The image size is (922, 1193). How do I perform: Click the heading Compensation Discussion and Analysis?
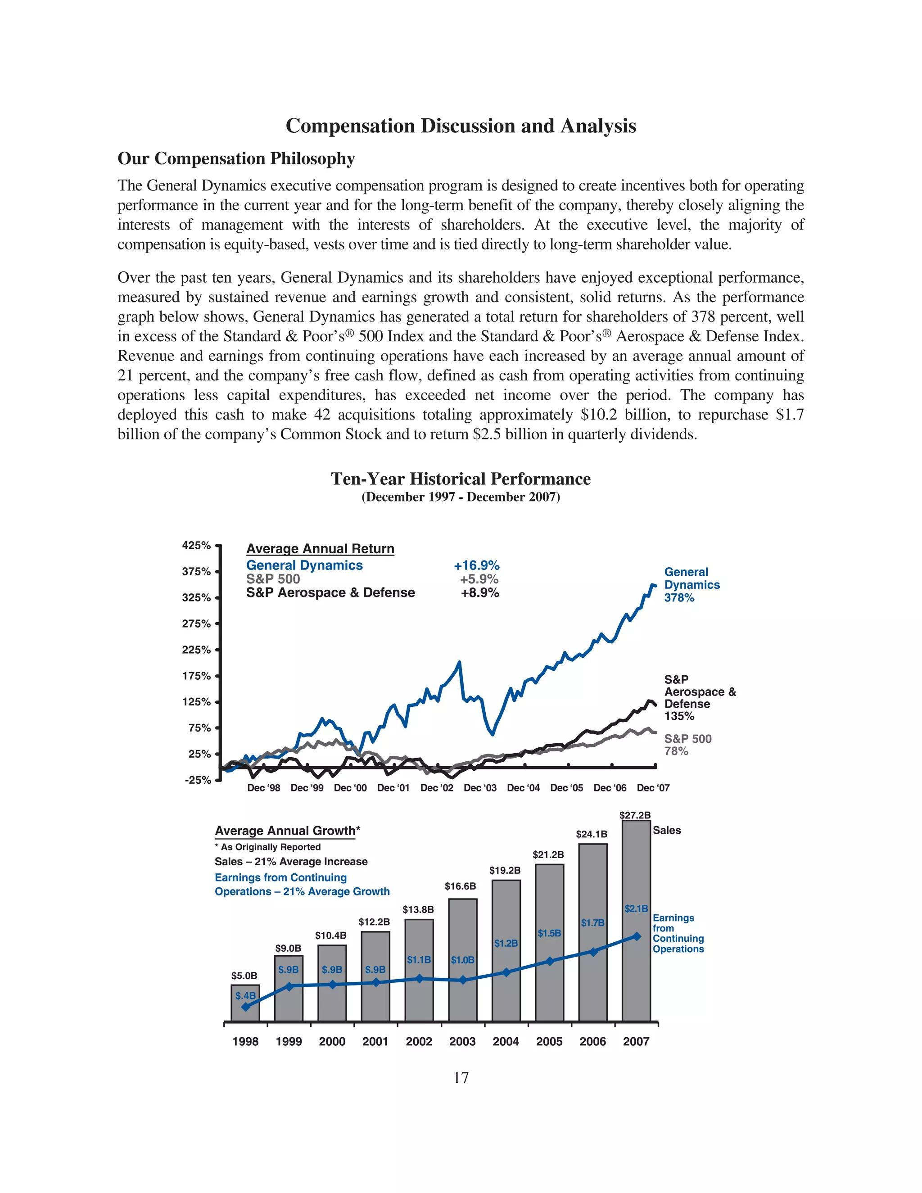pyautogui.click(x=461, y=126)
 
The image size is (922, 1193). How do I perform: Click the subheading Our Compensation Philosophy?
pyautogui.click(x=236, y=158)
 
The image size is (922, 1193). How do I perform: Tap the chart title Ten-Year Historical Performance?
pyautogui.click(x=461, y=479)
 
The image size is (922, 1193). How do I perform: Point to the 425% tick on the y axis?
pyautogui.click(x=196, y=545)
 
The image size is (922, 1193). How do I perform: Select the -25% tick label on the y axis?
pyautogui.click(x=197, y=780)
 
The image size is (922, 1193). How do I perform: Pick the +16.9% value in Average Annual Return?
pyautogui.click(x=476, y=565)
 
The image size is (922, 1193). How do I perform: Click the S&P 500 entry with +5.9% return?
pyautogui.click(x=273, y=579)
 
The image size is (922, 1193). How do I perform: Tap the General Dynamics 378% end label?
pyautogui.click(x=691, y=584)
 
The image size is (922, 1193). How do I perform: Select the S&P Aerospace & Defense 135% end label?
pyautogui.click(x=699, y=697)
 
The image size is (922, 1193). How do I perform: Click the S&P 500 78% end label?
pyautogui.click(x=687, y=745)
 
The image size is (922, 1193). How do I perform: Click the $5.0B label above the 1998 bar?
pyautogui.click(x=244, y=976)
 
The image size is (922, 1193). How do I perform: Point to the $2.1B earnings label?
pyautogui.click(x=636, y=909)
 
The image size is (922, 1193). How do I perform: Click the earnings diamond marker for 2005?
pyautogui.click(x=550, y=962)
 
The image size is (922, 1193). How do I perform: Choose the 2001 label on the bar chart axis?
pyautogui.click(x=375, y=1042)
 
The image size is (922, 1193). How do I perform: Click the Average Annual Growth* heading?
pyautogui.click(x=287, y=831)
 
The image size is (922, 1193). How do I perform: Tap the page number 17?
pyautogui.click(x=461, y=1078)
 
